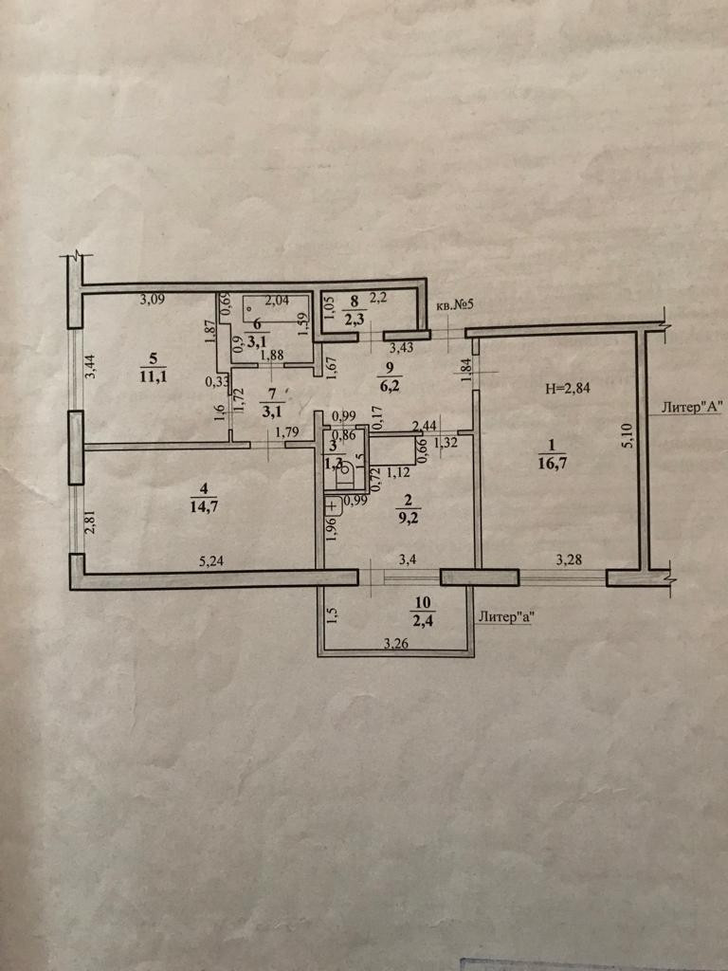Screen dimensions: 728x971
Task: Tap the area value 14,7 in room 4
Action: (x=198, y=505)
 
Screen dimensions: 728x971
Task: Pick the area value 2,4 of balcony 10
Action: (x=422, y=622)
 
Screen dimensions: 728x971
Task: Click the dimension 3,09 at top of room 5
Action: (x=153, y=302)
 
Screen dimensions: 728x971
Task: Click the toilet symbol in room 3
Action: (x=346, y=467)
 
